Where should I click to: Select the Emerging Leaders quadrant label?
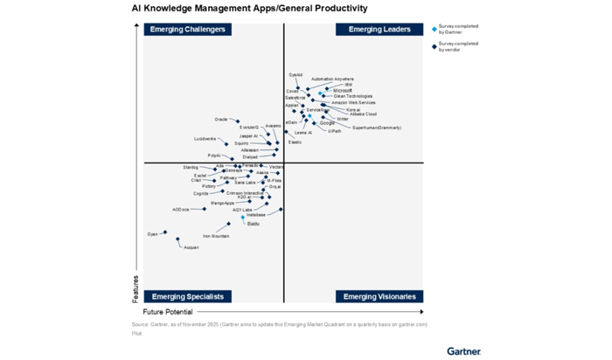pyautogui.click(x=379, y=30)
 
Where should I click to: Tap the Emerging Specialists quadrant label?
pyautogui.click(x=188, y=296)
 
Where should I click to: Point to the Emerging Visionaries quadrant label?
pyautogui.click(x=379, y=296)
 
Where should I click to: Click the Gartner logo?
pyautogui.click(x=463, y=350)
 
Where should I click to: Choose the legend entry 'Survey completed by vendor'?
pyautogui.click(x=458, y=46)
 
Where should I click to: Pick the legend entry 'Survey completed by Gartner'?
pyautogui.click(x=458, y=29)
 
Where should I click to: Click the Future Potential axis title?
pyautogui.click(x=168, y=312)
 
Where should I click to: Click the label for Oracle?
pyautogui.click(x=220, y=120)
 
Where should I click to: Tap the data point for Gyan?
pyautogui.click(x=165, y=233)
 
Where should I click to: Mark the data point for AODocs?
pyautogui.click(x=205, y=209)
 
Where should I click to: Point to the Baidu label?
pyautogui.click(x=253, y=224)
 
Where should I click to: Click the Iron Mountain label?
pyautogui.click(x=216, y=236)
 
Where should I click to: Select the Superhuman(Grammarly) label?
pyautogui.click(x=376, y=128)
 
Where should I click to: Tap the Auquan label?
pyautogui.click(x=191, y=247)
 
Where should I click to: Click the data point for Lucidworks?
pyautogui.click(x=226, y=144)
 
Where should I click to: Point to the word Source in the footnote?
pyautogui.click(x=140, y=325)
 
